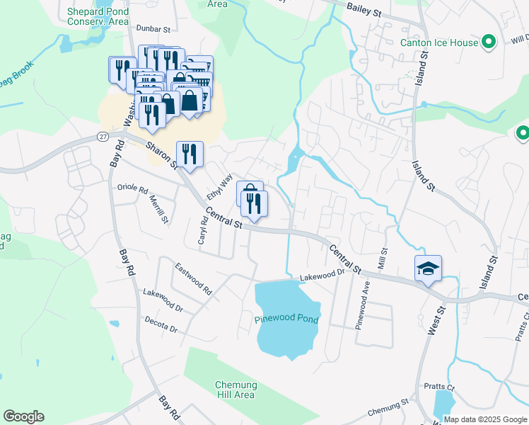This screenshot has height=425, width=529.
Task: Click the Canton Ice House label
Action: tap(438, 42)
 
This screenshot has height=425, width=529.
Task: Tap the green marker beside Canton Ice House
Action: tap(488, 42)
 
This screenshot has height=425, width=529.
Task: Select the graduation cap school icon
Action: tap(428, 268)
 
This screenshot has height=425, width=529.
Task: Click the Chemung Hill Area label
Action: tap(235, 390)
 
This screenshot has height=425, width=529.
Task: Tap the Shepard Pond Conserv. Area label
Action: tap(98, 16)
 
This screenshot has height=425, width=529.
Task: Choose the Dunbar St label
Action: tap(154, 30)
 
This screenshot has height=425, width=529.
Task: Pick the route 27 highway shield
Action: tap(103, 136)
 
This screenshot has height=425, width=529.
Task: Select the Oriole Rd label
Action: tap(133, 190)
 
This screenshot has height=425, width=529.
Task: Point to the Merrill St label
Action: tap(160, 210)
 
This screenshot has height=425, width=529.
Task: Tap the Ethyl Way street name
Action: tap(219, 187)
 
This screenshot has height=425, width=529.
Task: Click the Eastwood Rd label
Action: tap(193, 279)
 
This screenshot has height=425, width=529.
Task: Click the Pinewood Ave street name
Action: tap(366, 301)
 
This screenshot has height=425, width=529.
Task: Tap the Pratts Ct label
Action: tap(439, 387)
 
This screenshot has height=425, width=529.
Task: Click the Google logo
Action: tap(24, 416)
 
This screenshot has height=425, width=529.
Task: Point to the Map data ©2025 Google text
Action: tap(484, 419)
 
